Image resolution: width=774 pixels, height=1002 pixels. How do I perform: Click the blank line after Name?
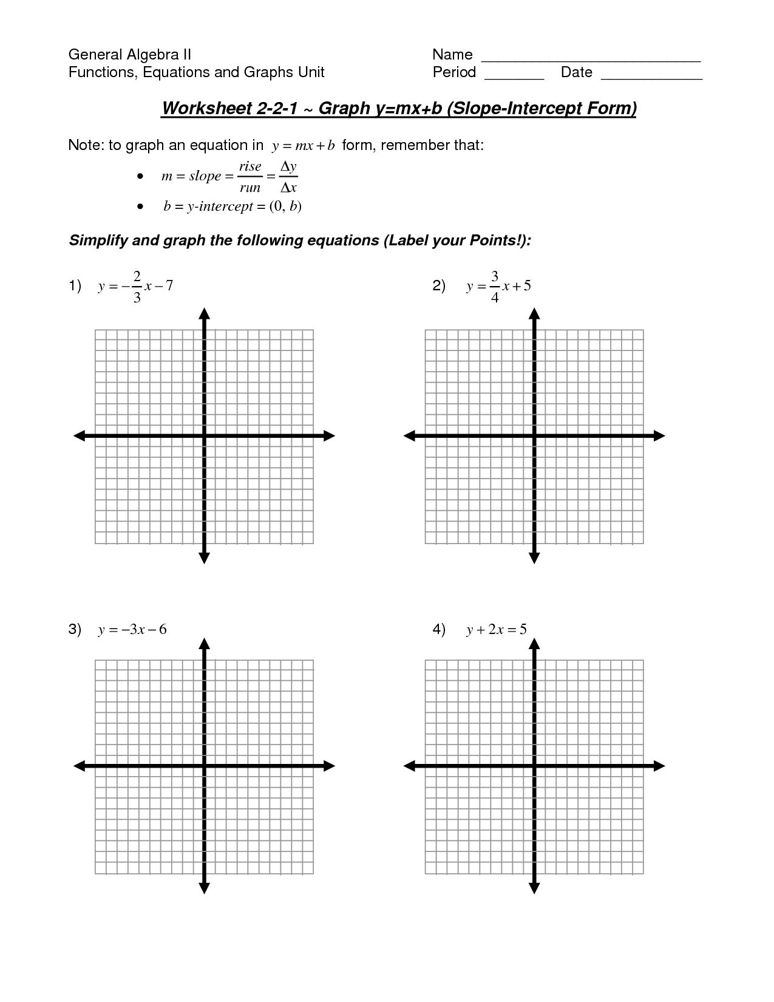point(591,60)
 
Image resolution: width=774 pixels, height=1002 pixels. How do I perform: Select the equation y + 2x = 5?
point(496,630)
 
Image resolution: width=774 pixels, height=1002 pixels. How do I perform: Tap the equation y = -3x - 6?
point(132,630)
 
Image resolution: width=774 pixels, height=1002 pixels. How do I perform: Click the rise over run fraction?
point(250,177)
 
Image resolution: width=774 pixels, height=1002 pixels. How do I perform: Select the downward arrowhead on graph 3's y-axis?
point(204,888)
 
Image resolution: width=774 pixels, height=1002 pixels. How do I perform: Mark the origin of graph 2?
point(534,435)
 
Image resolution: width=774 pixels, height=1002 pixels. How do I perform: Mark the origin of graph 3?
point(204,766)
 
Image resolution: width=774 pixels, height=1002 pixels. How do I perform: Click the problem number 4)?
point(439,629)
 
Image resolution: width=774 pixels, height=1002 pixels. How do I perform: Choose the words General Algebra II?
point(130,55)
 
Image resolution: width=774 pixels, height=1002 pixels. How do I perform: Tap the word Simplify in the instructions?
point(97,241)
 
